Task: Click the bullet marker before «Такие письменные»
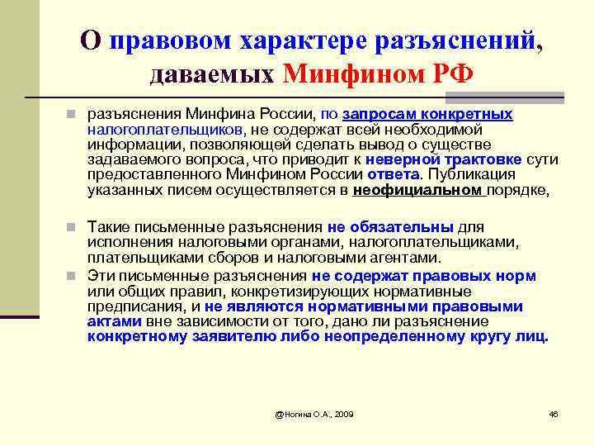[73, 226]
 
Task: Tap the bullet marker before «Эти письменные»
[73, 276]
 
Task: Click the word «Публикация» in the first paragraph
[471, 174]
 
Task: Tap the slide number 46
[553, 412]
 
